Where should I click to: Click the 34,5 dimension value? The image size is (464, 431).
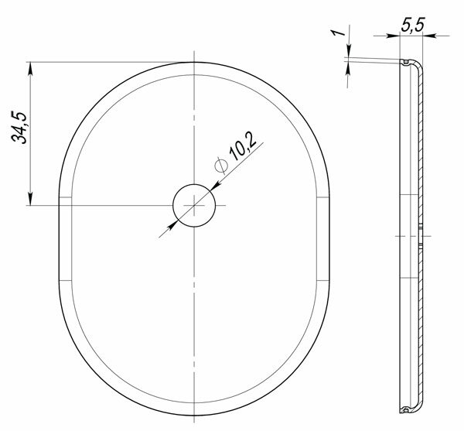19,128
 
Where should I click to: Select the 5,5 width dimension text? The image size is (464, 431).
413,25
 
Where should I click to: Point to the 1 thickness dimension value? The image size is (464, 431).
338,32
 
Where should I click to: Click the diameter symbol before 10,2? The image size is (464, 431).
221,165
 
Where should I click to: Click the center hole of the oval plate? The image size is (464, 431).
194,205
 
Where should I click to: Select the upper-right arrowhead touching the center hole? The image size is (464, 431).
217,185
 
